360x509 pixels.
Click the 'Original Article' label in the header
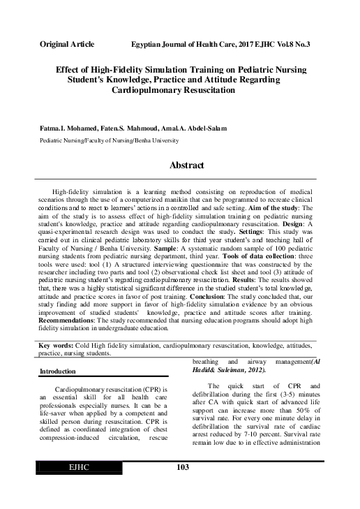tap(67, 43)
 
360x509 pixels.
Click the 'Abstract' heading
tap(186, 165)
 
